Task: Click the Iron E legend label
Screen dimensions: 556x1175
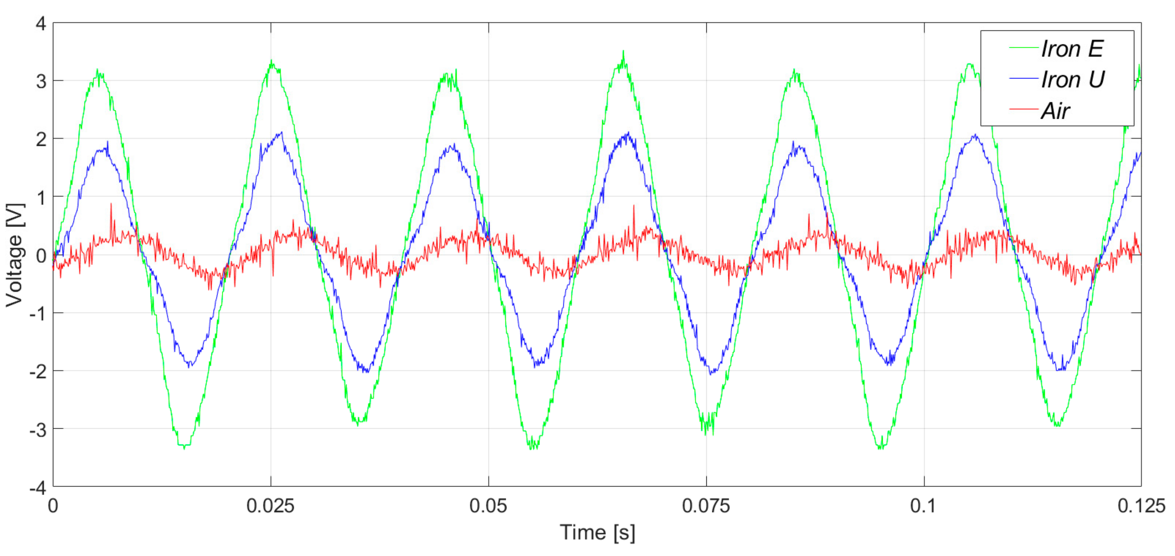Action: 1072,49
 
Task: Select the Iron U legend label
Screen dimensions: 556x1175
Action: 1072,80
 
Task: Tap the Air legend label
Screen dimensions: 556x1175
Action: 1055,111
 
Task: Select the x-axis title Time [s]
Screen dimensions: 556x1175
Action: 597,532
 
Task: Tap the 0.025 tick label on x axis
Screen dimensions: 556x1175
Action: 270,506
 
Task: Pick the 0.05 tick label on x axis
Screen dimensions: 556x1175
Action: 488,506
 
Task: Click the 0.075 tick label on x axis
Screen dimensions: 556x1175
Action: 706,506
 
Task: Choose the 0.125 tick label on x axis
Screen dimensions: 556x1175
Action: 1140,506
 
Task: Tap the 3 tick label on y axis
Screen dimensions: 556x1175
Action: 41,82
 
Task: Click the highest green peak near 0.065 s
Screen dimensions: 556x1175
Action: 623,52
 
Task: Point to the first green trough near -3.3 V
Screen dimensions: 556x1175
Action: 184,448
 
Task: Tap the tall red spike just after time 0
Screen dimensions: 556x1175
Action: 111,205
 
